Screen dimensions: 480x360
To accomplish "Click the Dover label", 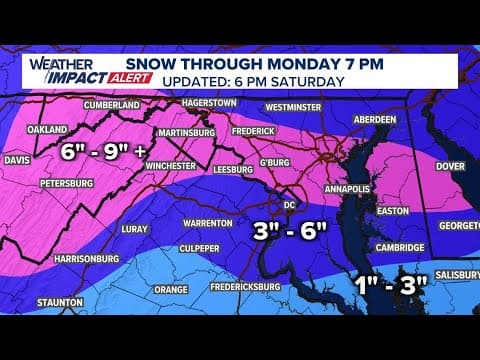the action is click(449, 166).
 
